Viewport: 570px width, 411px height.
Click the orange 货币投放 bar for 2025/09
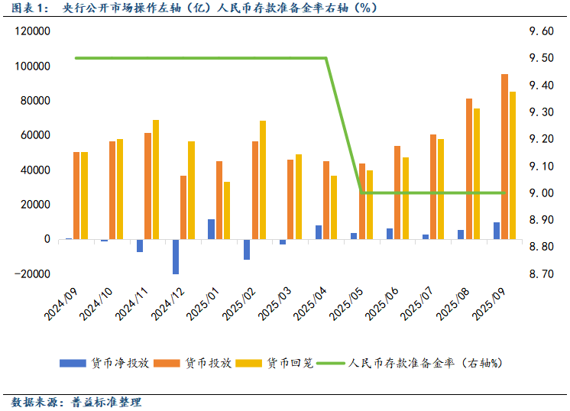click(x=504, y=157)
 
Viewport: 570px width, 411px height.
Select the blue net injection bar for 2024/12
click(x=176, y=257)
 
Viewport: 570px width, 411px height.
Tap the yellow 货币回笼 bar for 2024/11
click(x=156, y=180)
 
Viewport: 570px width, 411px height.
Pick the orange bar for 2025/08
click(x=469, y=169)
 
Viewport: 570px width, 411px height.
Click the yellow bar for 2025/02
click(x=263, y=180)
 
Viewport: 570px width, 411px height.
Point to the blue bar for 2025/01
click(x=212, y=229)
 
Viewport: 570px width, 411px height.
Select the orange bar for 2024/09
click(x=76, y=196)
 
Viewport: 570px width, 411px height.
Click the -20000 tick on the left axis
click(x=31, y=273)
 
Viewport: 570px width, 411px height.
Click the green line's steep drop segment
click(x=344, y=125)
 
